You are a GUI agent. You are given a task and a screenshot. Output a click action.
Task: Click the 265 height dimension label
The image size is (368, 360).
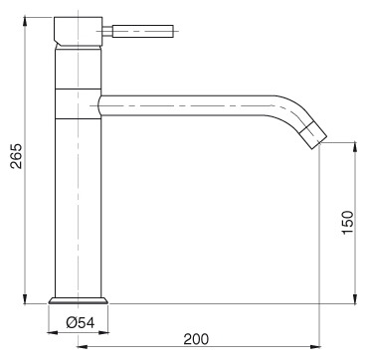16,156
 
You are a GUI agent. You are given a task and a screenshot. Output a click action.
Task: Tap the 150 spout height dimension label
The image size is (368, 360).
348,222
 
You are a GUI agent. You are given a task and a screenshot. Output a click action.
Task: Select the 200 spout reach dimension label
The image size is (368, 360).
196,339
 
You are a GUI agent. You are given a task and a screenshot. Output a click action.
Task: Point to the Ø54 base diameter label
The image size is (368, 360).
81,322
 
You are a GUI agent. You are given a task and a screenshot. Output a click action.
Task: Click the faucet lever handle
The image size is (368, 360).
143,31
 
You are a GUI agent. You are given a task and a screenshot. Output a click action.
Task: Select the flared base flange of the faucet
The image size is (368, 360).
79,300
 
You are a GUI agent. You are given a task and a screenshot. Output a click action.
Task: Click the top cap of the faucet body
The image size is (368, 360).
79,31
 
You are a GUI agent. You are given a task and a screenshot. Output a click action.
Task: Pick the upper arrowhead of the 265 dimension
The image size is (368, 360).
25,22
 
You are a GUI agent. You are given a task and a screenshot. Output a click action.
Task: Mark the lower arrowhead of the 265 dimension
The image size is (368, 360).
25,298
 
